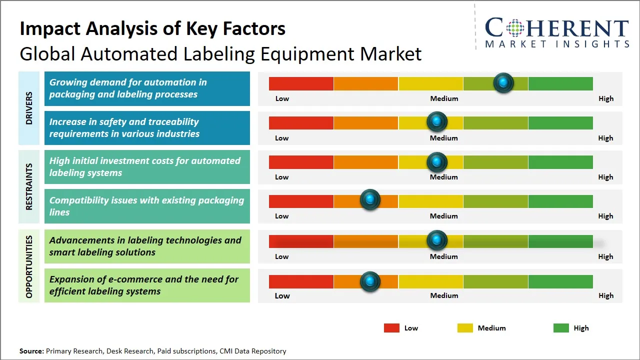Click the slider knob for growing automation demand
503,83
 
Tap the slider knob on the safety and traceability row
436,121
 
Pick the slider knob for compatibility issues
370,199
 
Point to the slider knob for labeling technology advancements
436,240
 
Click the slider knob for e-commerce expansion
370,281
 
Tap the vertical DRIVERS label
29,108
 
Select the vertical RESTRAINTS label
29,186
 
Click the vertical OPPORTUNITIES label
29,266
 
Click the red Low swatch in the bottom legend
391,328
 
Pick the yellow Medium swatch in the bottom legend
465,328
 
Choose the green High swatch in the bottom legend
561,328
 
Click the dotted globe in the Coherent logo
515,28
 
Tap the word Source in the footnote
31,351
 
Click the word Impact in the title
50,29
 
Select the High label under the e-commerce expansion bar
606,295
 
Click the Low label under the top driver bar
282,98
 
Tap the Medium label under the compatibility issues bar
443,216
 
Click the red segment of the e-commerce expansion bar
301,281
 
